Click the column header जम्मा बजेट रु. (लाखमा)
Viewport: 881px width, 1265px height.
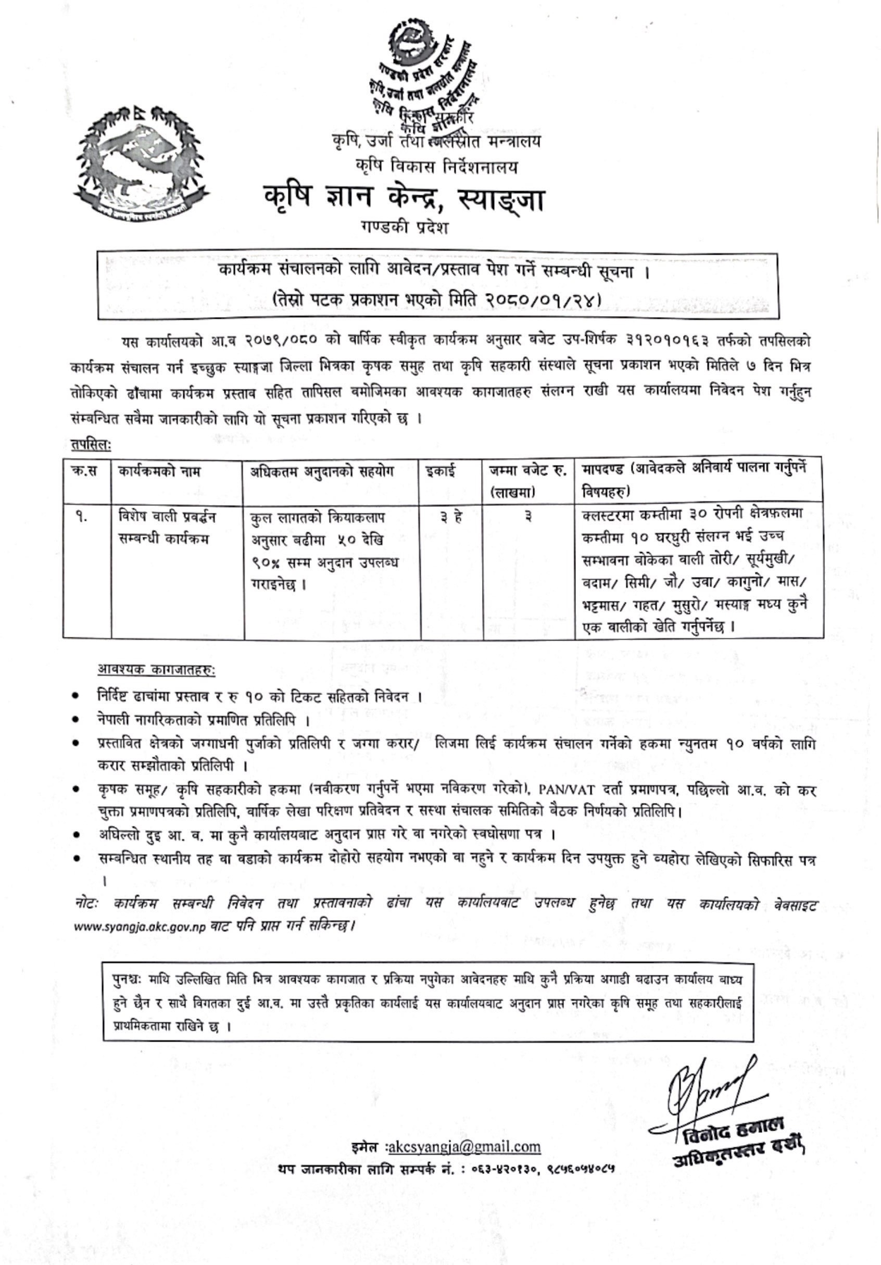pyautogui.click(x=527, y=481)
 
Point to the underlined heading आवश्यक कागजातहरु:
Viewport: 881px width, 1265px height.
pyautogui.click(x=157, y=670)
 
